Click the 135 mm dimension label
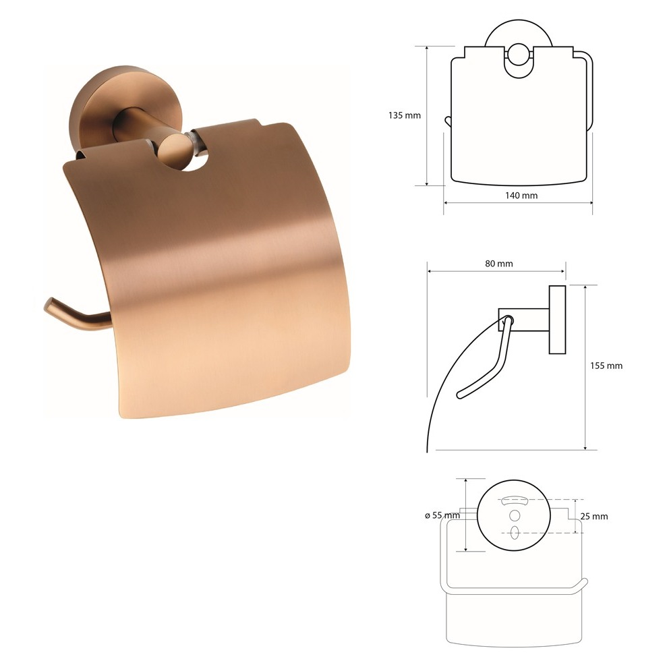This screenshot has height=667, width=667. pyautogui.click(x=404, y=115)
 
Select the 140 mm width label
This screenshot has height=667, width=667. pyautogui.click(x=521, y=196)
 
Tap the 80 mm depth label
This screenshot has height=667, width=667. pyautogui.click(x=499, y=264)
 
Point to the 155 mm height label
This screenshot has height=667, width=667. pyautogui.click(x=606, y=366)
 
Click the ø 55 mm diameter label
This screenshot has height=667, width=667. pyautogui.click(x=442, y=515)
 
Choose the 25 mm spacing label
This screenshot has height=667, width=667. pyautogui.click(x=594, y=517)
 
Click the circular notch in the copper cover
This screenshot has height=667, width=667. pyautogui.click(x=196, y=160)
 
